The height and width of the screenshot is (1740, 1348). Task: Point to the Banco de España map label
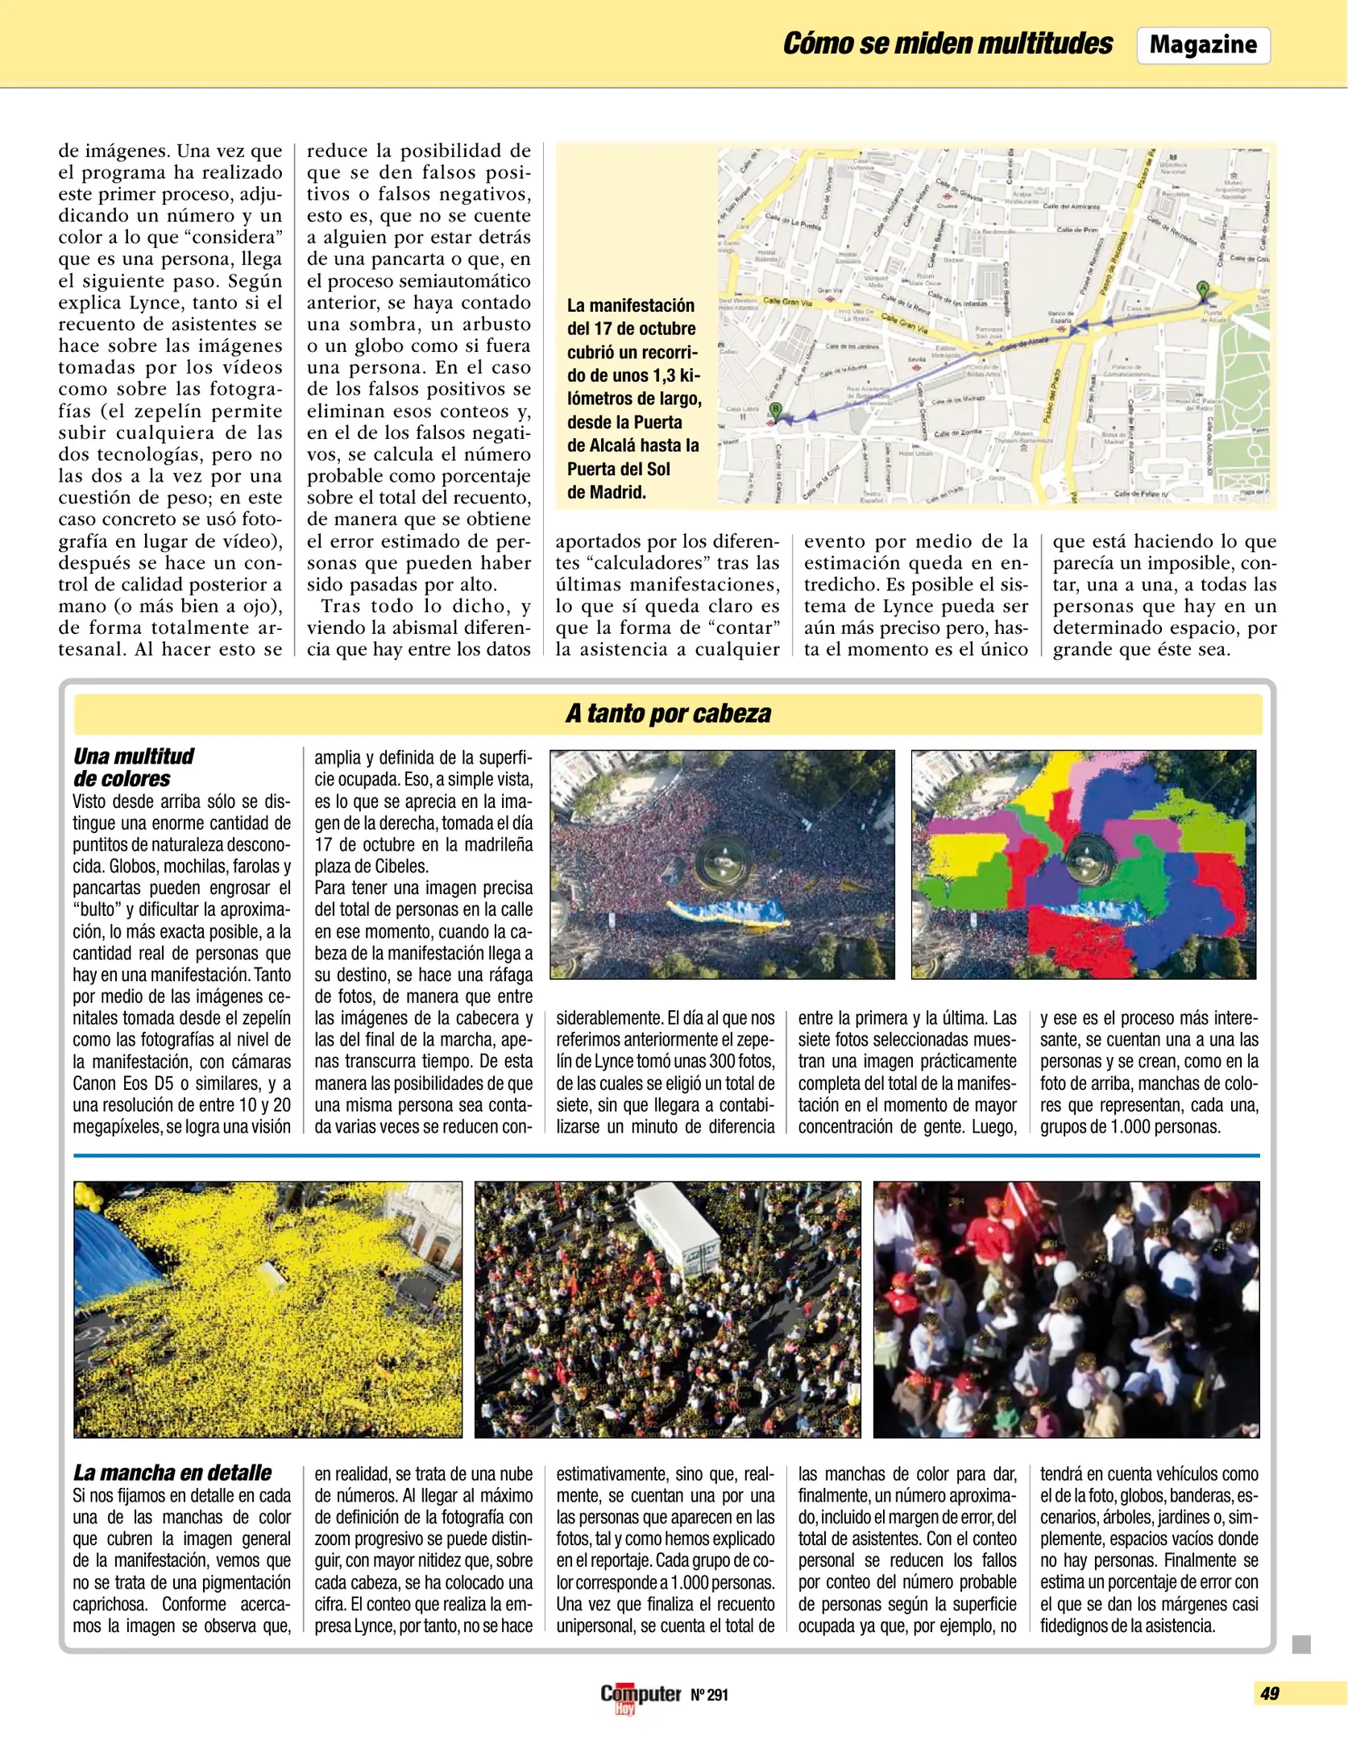[x=1060, y=317]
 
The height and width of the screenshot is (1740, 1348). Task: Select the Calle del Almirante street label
[x=1072, y=206]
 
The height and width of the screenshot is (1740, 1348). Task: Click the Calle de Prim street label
[x=1077, y=230]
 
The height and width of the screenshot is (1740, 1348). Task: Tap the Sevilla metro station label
[x=916, y=359]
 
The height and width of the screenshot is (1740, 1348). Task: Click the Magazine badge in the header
[x=1203, y=45]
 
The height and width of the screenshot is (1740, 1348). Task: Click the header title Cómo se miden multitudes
[x=948, y=43]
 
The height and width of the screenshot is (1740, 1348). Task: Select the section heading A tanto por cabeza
[x=668, y=714]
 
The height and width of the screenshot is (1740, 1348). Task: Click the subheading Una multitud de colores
[x=133, y=767]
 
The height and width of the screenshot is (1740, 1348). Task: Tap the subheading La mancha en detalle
[x=172, y=1473]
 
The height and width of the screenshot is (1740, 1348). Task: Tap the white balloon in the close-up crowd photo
[x=1064, y=1274]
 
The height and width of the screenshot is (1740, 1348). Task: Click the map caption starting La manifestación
[x=633, y=399]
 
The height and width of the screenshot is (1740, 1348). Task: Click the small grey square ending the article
[x=1301, y=1644]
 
